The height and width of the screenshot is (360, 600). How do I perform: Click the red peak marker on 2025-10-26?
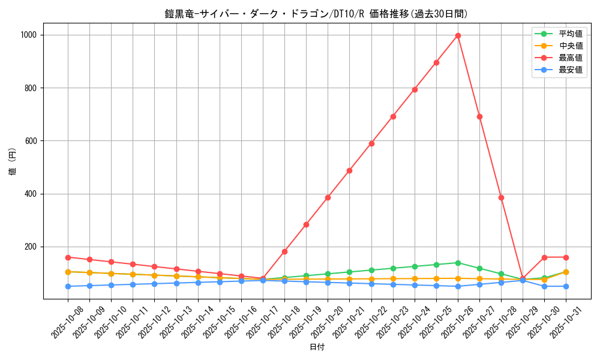458,35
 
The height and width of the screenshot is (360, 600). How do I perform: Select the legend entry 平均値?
570,34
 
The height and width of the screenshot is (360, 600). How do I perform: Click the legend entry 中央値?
570,46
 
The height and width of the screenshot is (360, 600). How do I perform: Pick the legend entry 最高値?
570,58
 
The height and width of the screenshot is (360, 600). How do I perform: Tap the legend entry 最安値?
570,70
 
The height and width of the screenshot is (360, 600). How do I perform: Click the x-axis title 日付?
317,347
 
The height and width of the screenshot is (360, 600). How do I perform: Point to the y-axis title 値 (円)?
12,162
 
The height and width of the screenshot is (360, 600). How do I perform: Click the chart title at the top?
317,13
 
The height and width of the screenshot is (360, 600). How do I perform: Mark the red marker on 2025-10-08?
68,257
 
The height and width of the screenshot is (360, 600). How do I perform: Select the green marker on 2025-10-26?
458,263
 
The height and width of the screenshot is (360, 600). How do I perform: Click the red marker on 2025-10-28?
501,197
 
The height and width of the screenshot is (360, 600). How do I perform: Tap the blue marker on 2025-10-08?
68,286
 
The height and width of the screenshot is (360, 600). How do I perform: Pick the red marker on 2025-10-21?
349,170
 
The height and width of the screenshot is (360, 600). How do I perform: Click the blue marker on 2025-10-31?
566,286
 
